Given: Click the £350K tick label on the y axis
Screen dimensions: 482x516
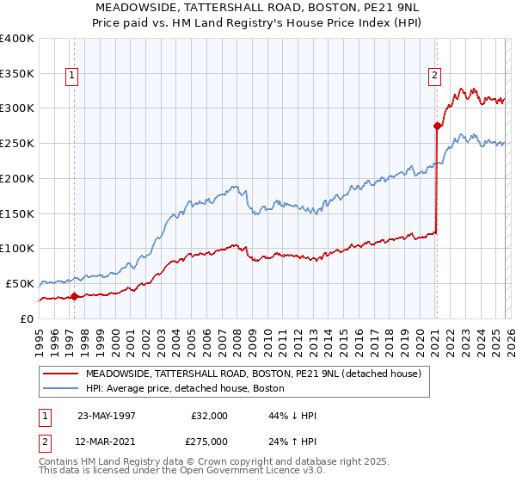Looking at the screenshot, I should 16,73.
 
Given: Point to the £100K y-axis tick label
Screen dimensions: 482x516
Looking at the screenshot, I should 16,248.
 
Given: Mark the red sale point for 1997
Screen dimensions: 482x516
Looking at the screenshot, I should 75,297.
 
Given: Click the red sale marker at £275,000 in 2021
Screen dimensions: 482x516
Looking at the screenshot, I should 437,127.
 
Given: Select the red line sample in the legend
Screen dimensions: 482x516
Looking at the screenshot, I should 60,374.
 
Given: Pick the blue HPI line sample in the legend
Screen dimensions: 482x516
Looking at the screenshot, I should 60,389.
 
